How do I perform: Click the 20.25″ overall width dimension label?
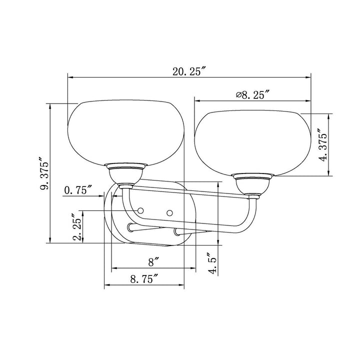coord(188,71)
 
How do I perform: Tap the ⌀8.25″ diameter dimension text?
coord(252,94)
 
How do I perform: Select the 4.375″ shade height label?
coord(323,145)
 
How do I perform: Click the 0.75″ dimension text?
coord(78,190)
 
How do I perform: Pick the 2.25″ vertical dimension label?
coord(77,227)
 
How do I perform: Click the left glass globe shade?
coord(126,132)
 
